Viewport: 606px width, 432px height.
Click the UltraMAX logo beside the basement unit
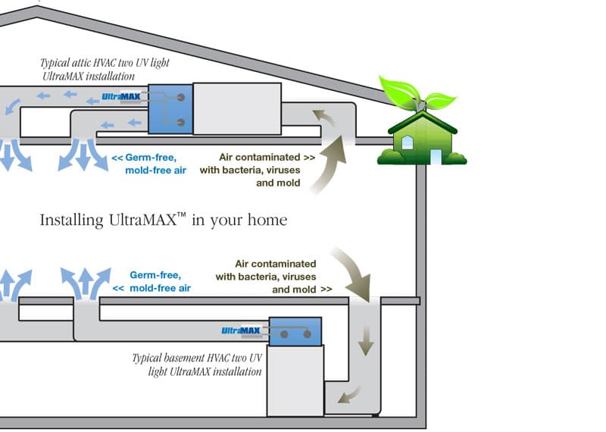click(x=241, y=330)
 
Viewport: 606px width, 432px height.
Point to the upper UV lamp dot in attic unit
click(x=181, y=98)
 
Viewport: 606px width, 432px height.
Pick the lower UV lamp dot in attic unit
click(x=181, y=122)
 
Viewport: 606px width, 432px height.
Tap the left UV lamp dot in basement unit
click(x=283, y=333)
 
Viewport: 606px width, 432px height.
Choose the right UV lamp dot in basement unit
click(x=308, y=333)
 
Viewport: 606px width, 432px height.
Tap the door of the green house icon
click(x=436, y=155)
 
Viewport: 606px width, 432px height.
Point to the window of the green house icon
click(x=408, y=142)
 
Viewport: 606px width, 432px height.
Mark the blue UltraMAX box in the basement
click(x=295, y=332)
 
